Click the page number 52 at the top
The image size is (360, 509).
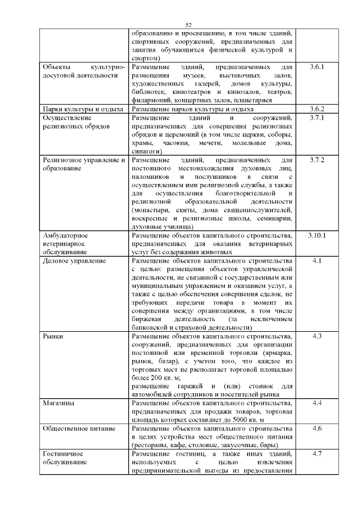click(189, 25)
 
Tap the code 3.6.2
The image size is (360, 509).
click(317, 109)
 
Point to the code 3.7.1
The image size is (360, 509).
click(317, 118)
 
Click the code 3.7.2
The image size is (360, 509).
click(317, 160)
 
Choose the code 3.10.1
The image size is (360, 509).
click(317, 235)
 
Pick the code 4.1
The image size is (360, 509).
click(317, 262)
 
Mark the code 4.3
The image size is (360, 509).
click(317, 336)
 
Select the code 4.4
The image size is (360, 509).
click(317, 403)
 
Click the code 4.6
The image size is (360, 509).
click(317, 428)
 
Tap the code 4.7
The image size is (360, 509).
click(317, 453)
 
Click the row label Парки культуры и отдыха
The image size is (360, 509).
click(83, 109)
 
